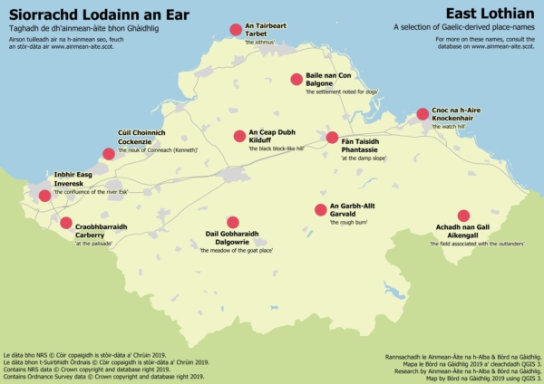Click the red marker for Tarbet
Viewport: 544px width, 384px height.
[x=236, y=31]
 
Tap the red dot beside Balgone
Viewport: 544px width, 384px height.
[x=296, y=80]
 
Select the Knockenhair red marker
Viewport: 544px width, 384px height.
[x=423, y=114]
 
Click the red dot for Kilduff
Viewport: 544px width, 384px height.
[x=239, y=137]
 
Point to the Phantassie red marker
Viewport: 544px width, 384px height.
[x=332, y=138]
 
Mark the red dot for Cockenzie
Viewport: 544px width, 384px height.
[x=109, y=154]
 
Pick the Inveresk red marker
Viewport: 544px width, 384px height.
[x=44, y=196]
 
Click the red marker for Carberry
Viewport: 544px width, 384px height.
[x=65, y=223]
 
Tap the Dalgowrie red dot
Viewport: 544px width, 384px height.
[x=232, y=222]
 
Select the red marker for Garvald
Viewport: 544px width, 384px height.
[x=320, y=210]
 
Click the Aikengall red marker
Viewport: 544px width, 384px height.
[x=463, y=216]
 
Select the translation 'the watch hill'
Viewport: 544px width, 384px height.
[x=448, y=128]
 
